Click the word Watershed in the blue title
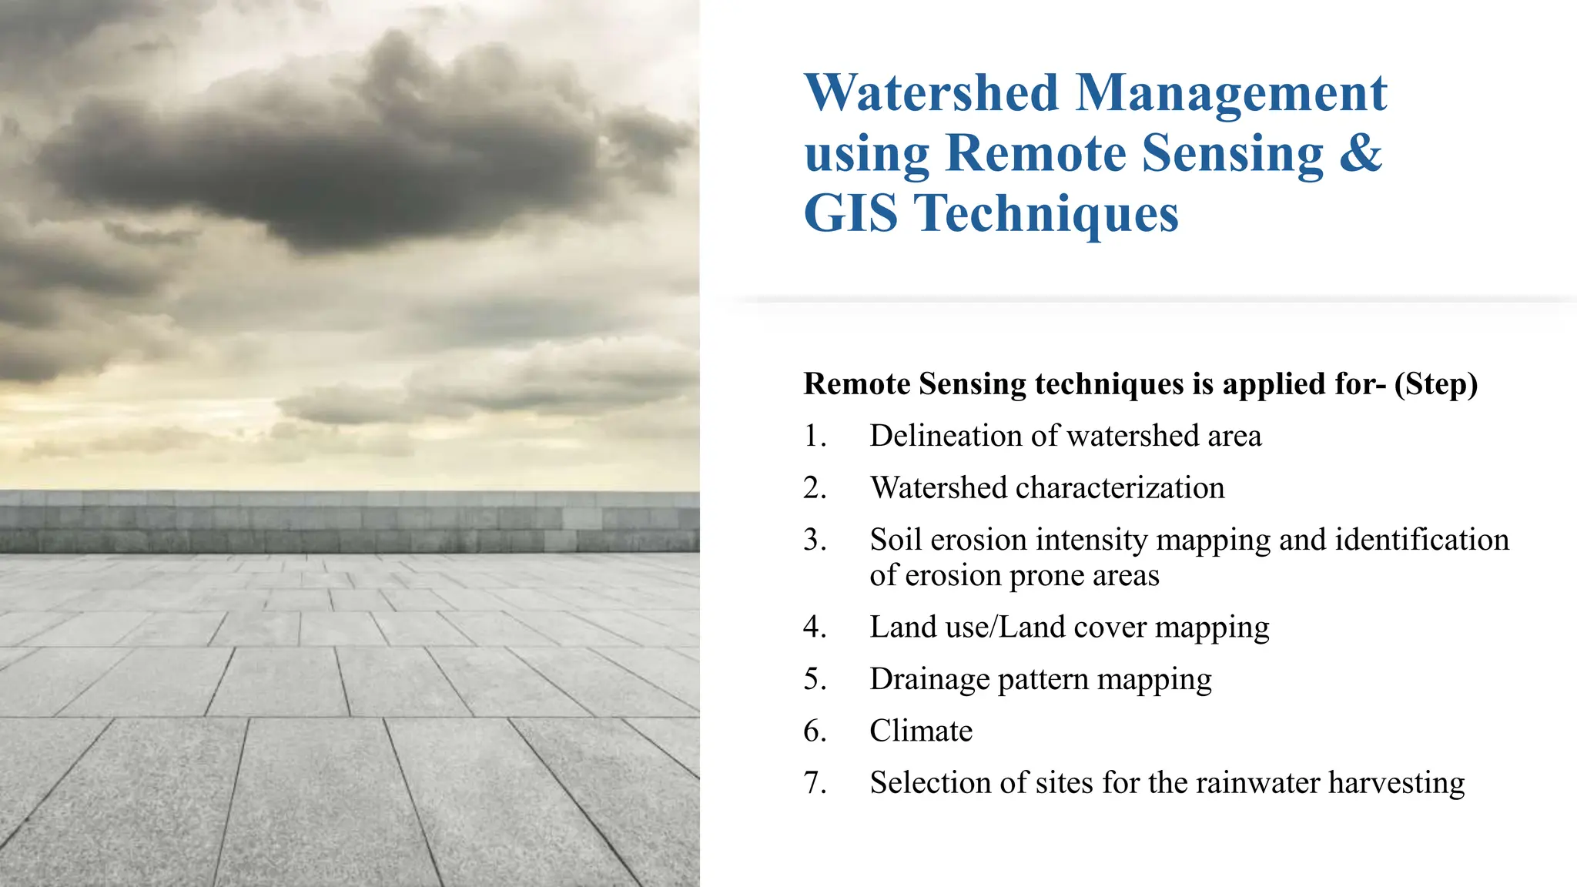932,93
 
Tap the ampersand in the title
1361,152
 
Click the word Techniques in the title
1046,214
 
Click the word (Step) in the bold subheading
1435,384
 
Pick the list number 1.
815,437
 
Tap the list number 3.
815,540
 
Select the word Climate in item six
921,731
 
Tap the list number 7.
815,783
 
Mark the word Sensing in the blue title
1232,154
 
